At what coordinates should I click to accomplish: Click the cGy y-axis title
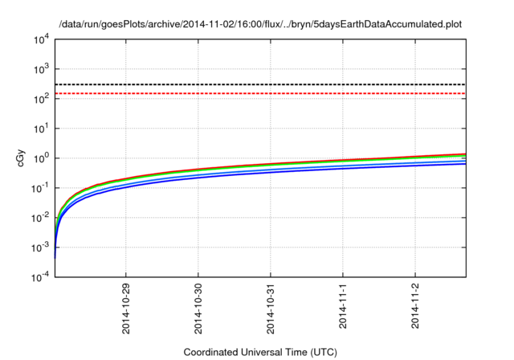22,157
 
